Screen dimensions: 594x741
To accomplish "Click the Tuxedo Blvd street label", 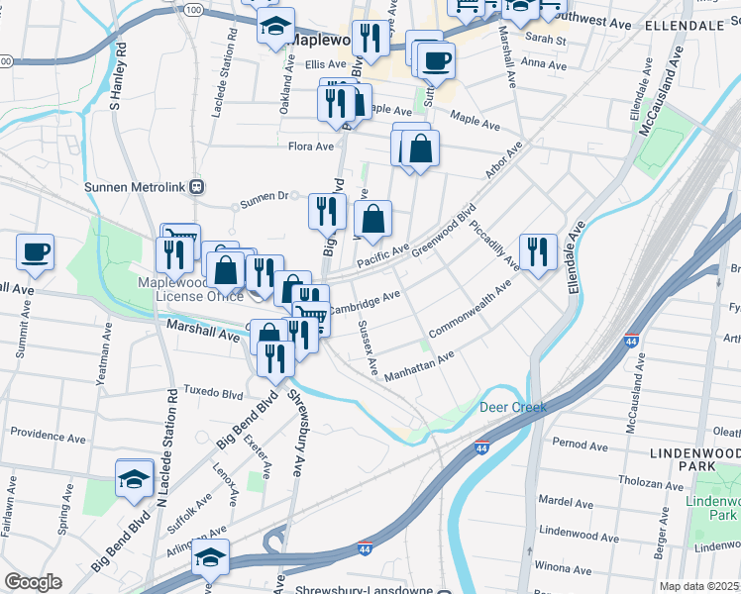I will point(211,393).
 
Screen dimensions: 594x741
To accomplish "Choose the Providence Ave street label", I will point(47,434).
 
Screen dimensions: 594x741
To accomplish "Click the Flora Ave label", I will point(310,147).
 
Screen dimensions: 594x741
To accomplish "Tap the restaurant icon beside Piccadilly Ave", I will point(538,251).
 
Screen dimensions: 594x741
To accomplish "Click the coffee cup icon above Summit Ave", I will point(36,251).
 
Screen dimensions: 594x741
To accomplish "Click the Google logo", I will point(33,582).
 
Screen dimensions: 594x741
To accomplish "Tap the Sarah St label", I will point(545,41).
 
